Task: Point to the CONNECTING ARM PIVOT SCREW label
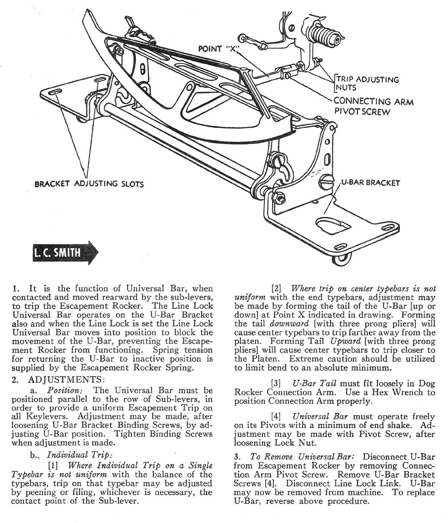tap(373, 106)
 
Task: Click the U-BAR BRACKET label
tap(370, 183)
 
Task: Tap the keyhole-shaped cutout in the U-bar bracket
tap(332, 225)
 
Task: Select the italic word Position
tap(63, 391)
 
